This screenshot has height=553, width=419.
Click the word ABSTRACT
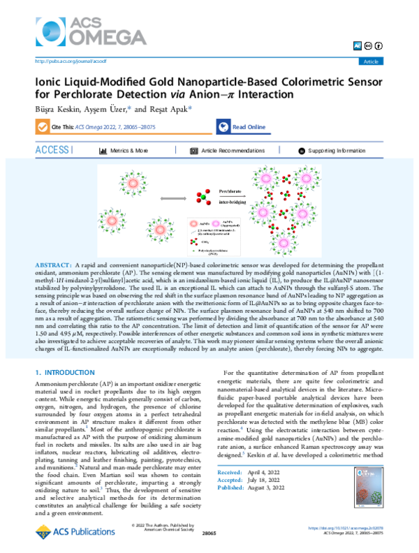52,267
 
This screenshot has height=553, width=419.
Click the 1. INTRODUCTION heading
68,373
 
